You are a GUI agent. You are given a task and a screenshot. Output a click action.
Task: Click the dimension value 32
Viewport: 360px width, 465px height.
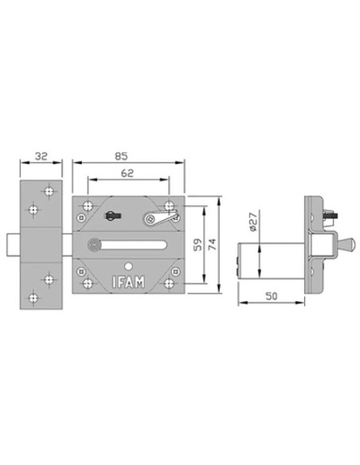pos(41,156)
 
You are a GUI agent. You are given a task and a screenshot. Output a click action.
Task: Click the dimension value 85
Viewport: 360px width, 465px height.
pos(121,156)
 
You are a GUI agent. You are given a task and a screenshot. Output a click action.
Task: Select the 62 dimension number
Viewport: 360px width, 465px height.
pos(127,173)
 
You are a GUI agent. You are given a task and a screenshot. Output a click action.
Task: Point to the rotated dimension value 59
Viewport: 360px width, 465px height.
pos(198,244)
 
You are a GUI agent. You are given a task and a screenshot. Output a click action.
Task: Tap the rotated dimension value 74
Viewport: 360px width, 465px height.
pos(213,244)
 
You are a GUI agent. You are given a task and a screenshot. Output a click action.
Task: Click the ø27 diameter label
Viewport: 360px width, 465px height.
pos(252,222)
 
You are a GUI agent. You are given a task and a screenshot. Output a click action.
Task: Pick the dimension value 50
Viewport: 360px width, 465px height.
pos(272,296)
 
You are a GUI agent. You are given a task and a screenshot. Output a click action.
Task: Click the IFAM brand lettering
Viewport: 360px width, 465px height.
pos(129,282)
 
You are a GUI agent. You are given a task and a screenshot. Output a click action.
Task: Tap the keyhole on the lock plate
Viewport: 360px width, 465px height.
pos(112,215)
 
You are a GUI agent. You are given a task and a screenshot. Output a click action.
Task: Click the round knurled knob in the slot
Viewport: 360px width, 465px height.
pos(95,245)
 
